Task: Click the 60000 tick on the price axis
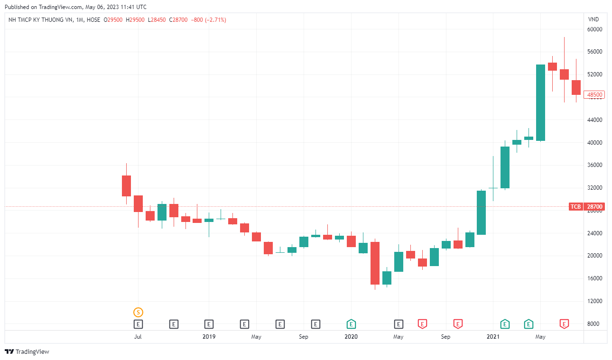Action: (x=594, y=29)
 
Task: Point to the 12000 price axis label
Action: (x=594, y=301)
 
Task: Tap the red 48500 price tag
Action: (x=594, y=95)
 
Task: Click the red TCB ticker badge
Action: (x=575, y=207)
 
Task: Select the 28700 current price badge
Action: (x=594, y=207)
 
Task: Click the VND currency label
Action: (x=593, y=19)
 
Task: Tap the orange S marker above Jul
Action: (x=138, y=312)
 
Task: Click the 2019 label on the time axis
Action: (x=209, y=337)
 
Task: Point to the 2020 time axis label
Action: (x=351, y=337)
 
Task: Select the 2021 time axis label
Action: (x=493, y=337)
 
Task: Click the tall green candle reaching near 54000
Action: (x=540, y=102)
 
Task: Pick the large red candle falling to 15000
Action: (x=375, y=263)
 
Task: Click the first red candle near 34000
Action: (x=126, y=185)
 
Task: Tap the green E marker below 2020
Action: (x=351, y=324)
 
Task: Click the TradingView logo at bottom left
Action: (x=27, y=351)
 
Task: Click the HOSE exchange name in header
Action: (x=93, y=20)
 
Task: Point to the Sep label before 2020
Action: (x=304, y=337)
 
